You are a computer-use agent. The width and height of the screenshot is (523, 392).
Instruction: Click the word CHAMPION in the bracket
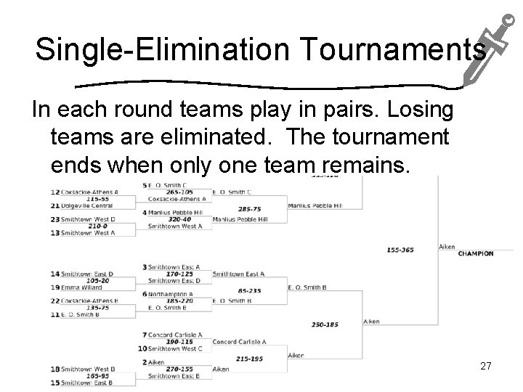point(476,253)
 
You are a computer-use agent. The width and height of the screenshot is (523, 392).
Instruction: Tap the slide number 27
point(486,367)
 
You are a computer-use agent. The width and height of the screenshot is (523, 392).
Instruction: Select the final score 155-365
point(400,250)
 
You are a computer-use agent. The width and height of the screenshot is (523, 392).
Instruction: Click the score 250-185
point(325,324)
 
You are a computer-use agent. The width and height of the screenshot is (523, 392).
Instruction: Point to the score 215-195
point(248,359)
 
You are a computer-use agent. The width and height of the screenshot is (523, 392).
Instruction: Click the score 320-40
point(179,219)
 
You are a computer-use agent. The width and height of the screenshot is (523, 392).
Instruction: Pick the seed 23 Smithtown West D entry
point(88,219)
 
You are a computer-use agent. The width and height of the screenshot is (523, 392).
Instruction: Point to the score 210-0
point(97,226)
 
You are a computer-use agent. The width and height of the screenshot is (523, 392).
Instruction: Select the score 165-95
point(97,376)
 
